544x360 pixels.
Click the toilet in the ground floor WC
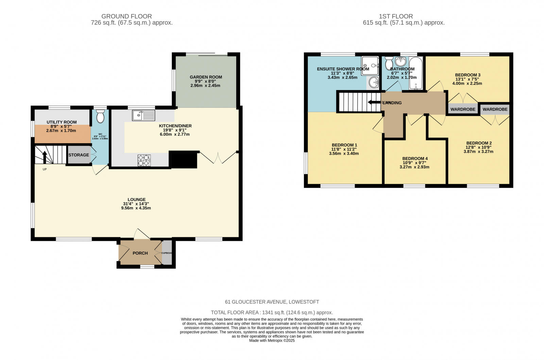tap(100, 117)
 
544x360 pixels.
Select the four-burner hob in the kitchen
tap(144, 160)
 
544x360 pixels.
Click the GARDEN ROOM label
tap(206, 77)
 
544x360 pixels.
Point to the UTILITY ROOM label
tap(62, 122)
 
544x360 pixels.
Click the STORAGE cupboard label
tap(79, 155)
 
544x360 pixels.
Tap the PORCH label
tap(140, 253)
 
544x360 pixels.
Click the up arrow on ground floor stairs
tap(44, 157)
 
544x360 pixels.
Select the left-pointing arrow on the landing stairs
tap(374, 102)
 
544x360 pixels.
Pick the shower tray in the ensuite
tap(370, 66)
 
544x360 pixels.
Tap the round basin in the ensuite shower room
tap(374, 82)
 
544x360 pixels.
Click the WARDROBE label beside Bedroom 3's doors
tap(463, 109)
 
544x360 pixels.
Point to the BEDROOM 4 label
tap(415, 158)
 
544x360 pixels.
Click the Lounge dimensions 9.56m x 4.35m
tap(136, 208)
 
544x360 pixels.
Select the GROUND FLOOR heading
tap(126, 16)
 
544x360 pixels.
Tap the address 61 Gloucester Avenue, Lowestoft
tap(272, 302)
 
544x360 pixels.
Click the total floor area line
tap(272, 312)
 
